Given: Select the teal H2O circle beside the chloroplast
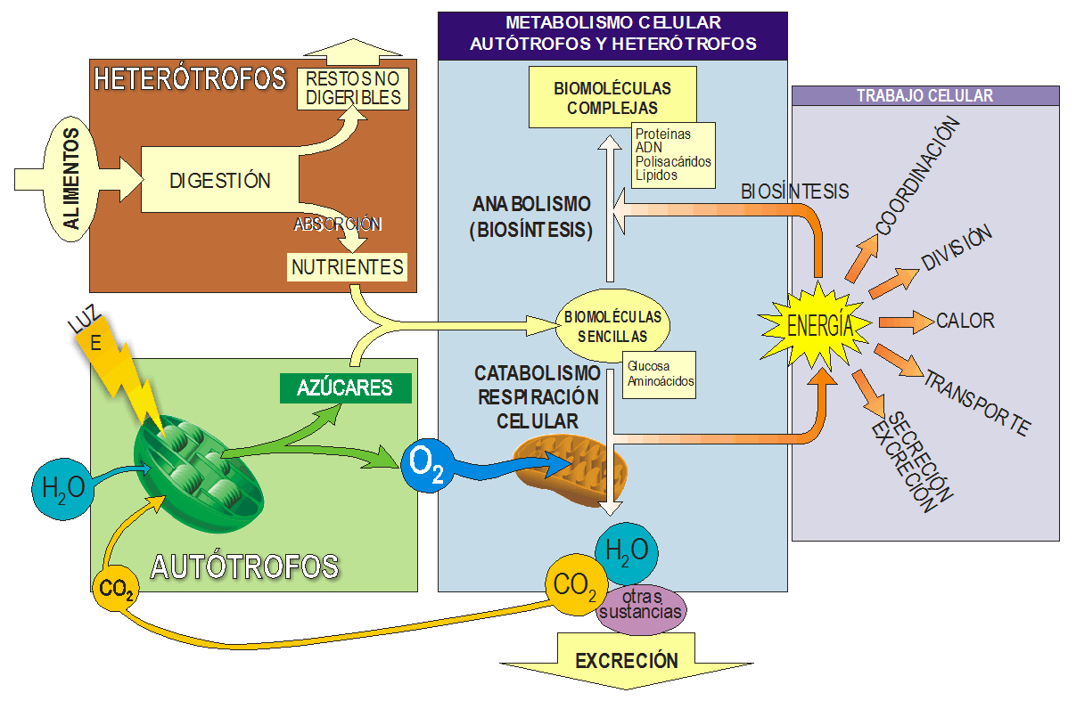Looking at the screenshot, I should tap(63, 485).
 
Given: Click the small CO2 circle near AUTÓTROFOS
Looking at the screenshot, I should tap(116, 589).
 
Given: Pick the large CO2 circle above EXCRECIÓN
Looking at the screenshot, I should tap(574, 586).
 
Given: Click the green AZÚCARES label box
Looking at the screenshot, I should tap(345, 388).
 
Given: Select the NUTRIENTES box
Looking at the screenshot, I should tap(347, 266).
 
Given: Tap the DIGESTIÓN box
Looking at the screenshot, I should tap(219, 181).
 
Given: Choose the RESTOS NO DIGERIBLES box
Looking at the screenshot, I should tap(353, 88).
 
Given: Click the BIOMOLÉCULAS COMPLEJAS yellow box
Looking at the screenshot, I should tap(612, 98).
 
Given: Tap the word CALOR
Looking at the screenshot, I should tap(965, 321).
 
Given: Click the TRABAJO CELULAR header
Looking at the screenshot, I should tap(924, 95).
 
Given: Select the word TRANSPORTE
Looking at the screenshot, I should tap(976, 403).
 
